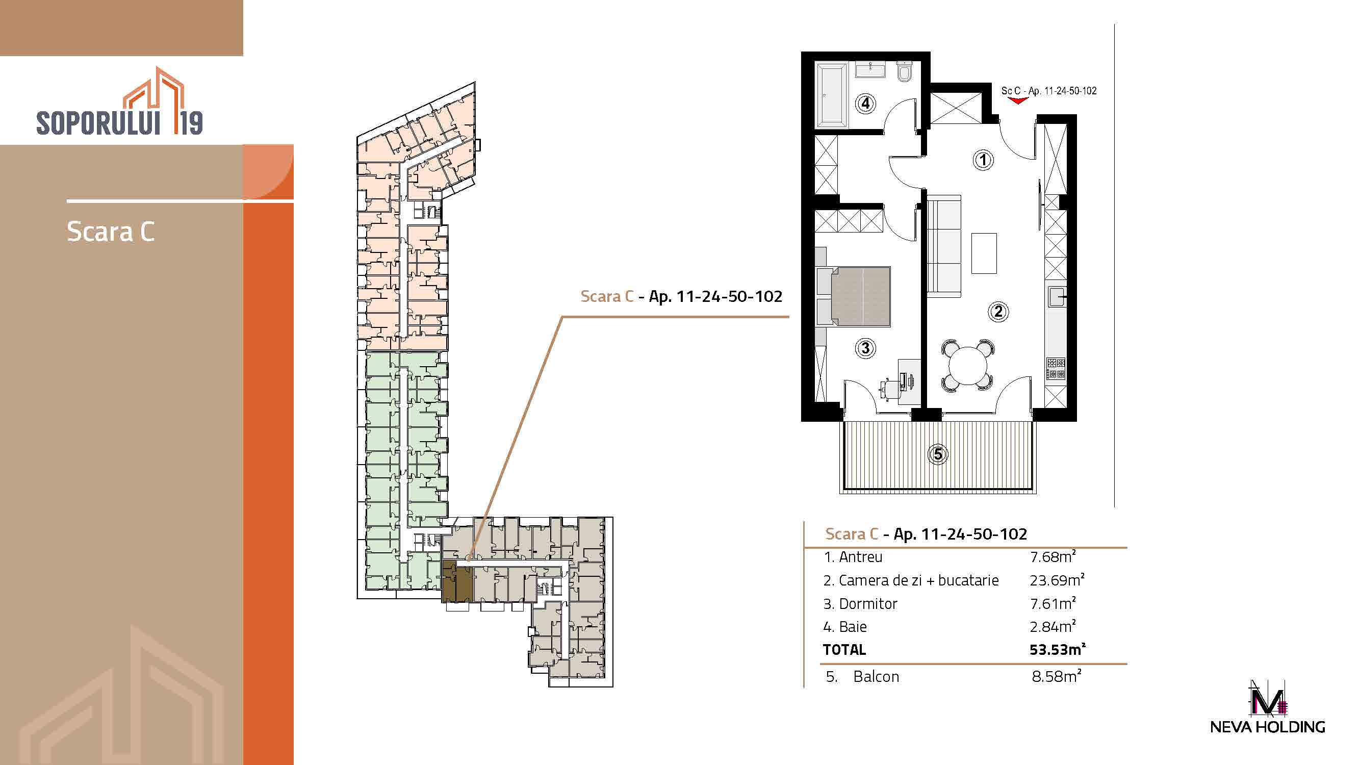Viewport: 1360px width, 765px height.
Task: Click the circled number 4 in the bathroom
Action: (865, 104)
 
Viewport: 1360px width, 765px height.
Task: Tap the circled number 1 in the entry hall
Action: (983, 160)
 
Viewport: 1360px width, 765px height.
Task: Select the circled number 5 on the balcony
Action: (938, 454)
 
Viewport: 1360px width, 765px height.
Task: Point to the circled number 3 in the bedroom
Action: (865, 348)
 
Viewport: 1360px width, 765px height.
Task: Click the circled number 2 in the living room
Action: (998, 312)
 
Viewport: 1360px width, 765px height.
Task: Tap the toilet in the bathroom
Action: (904, 72)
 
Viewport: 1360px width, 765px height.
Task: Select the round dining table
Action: (968, 366)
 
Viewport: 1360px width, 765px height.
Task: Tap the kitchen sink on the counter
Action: (1057, 297)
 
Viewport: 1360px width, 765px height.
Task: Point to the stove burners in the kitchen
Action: (1056, 369)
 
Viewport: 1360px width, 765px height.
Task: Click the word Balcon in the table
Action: (876, 676)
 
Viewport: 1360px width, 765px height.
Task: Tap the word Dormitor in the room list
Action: (868, 603)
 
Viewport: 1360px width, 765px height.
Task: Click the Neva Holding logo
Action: (1268, 707)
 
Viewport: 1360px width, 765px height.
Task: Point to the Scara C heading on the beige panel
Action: (111, 231)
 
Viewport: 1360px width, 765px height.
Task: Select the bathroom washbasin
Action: (870, 70)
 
